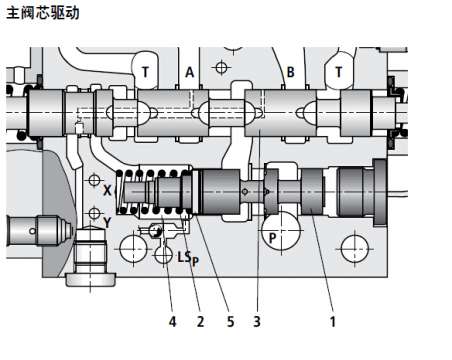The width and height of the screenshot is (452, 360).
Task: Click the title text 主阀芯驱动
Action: pyautogui.click(x=43, y=13)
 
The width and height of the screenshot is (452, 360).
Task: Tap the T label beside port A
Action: pyautogui.click(x=145, y=72)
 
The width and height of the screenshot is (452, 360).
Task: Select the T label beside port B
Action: pyautogui.click(x=339, y=72)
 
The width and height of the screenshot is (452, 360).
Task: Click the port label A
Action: pyautogui.click(x=189, y=72)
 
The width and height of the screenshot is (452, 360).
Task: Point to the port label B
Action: pyautogui.click(x=291, y=72)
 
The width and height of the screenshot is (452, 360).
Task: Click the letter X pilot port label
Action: pyautogui.click(x=107, y=190)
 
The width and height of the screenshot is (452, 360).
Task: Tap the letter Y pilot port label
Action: pyautogui.click(x=107, y=222)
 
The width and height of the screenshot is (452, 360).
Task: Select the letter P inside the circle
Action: pyautogui.click(x=273, y=238)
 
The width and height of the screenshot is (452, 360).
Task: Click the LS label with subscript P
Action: pyautogui.click(x=188, y=258)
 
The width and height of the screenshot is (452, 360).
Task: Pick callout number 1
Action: pyautogui.click(x=332, y=322)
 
